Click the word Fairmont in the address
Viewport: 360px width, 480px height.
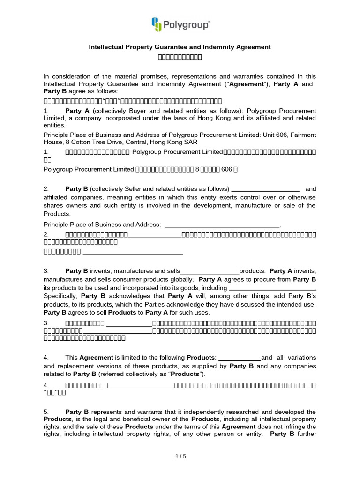(x=303, y=135)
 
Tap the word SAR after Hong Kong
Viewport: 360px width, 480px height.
(x=191, y=142)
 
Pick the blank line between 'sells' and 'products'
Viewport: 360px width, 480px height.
(x=210, y=271)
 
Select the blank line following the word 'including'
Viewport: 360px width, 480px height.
(x=272, y=288)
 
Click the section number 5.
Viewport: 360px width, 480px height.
(x=45, y=412)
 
